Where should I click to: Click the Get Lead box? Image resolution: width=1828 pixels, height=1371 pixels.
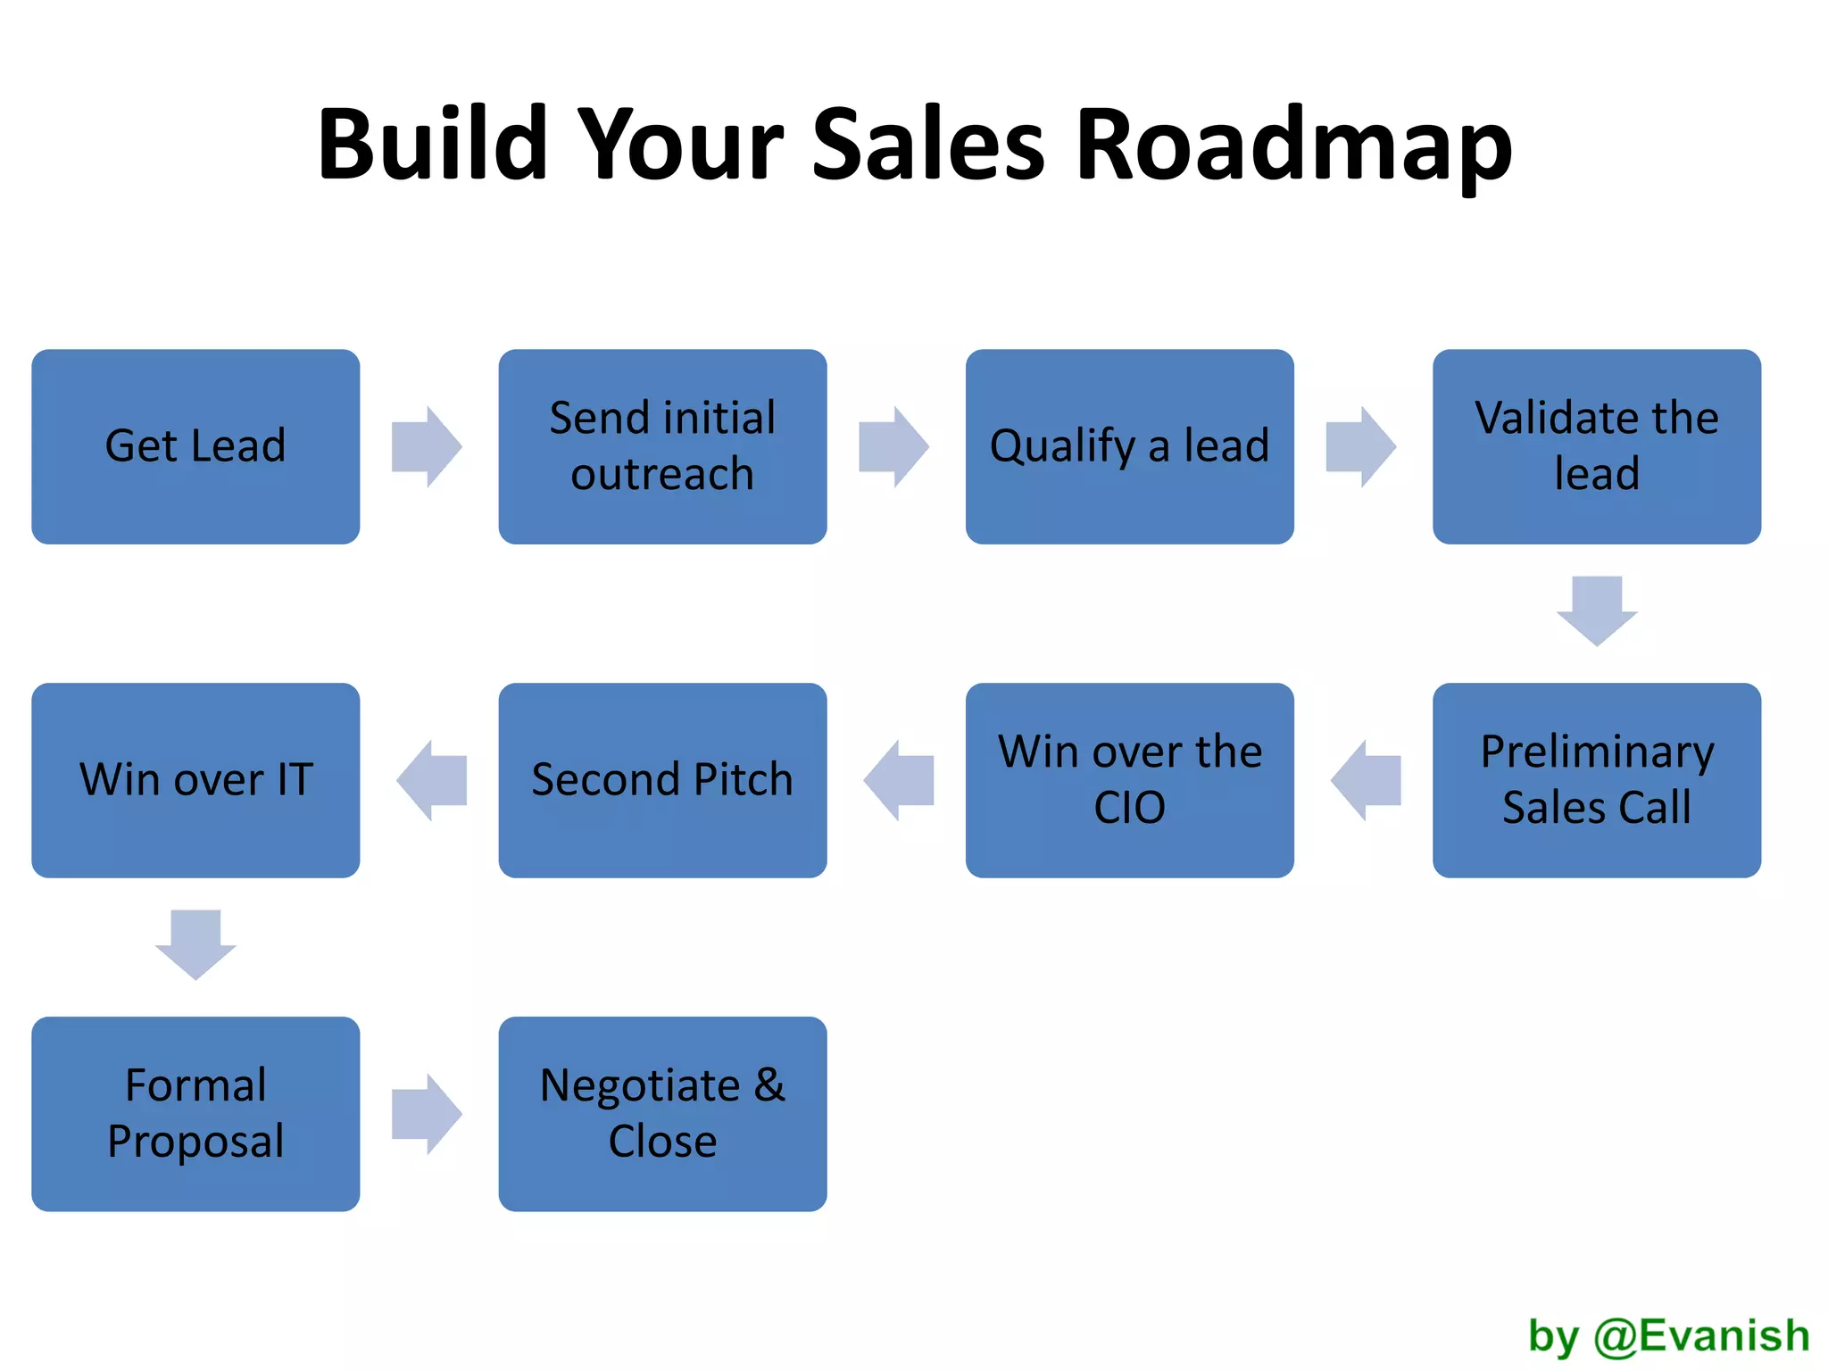point(195,446)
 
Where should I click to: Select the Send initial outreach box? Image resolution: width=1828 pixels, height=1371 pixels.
point(662,446)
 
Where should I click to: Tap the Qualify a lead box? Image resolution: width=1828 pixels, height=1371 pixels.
point(1129,446)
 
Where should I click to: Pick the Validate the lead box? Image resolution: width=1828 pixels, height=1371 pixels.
point(1596,446)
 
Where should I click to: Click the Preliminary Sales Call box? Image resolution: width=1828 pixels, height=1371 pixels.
point(1596,780)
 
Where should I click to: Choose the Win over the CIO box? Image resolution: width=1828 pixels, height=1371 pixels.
point(1129,780)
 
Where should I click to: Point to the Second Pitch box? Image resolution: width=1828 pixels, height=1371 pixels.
point(662,780)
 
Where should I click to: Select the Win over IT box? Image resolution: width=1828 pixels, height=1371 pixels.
point(195,780)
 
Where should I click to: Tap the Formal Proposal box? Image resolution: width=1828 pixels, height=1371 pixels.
point(195,1113)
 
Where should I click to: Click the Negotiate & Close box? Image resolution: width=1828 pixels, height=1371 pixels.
point(662,1113)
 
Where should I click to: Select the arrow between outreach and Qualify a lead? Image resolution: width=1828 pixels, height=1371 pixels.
point(893,446)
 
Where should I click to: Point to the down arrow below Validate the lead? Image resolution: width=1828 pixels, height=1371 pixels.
point(1596,611)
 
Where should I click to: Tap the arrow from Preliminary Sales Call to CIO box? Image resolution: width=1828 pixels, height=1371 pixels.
point(1366,780)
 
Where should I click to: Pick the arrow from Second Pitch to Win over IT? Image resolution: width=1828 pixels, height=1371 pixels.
point(432,780)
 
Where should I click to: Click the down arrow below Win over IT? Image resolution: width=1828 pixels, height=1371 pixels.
point(195,944)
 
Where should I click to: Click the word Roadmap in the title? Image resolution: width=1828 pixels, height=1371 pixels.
point(1293,145)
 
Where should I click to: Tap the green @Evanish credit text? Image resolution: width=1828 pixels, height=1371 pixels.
point(1701,1336)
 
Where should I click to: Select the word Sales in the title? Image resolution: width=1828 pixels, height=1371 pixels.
point(928,145)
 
